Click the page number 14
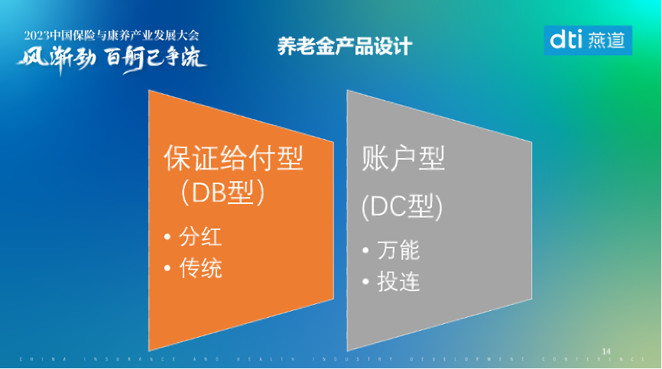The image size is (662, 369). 607,350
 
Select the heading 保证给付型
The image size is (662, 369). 234,158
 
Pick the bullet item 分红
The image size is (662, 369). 200,237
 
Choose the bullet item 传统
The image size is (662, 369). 200,268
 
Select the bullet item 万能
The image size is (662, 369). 398,250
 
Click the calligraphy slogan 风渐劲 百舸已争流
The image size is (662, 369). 112,59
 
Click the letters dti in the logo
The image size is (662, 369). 566,40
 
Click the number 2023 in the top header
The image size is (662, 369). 37,35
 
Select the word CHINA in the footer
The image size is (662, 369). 43,359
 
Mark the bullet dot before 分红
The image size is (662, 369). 167,238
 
